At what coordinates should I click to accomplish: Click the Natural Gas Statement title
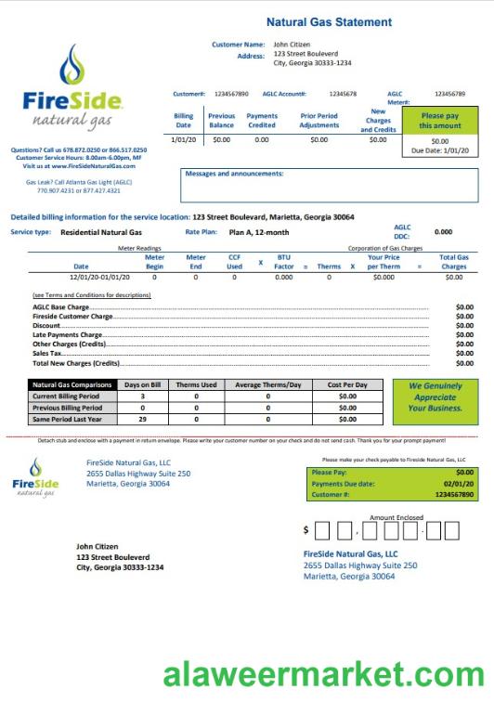[329, 21]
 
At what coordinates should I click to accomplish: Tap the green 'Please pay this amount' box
[439, 121]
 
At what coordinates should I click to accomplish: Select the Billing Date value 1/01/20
[183, 139]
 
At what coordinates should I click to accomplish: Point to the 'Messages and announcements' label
[234, 174]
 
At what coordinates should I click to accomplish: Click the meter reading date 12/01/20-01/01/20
[102, 277]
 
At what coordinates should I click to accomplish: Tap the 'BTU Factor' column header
[284, 261]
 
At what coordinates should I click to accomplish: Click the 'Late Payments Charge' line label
[67, 334]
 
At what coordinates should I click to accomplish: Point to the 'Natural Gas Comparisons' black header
[72, 384]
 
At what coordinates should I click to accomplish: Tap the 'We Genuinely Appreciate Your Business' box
[435, 396]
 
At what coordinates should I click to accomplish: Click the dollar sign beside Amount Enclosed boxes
[306, 531]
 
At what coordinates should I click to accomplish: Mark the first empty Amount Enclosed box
[323, 531]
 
